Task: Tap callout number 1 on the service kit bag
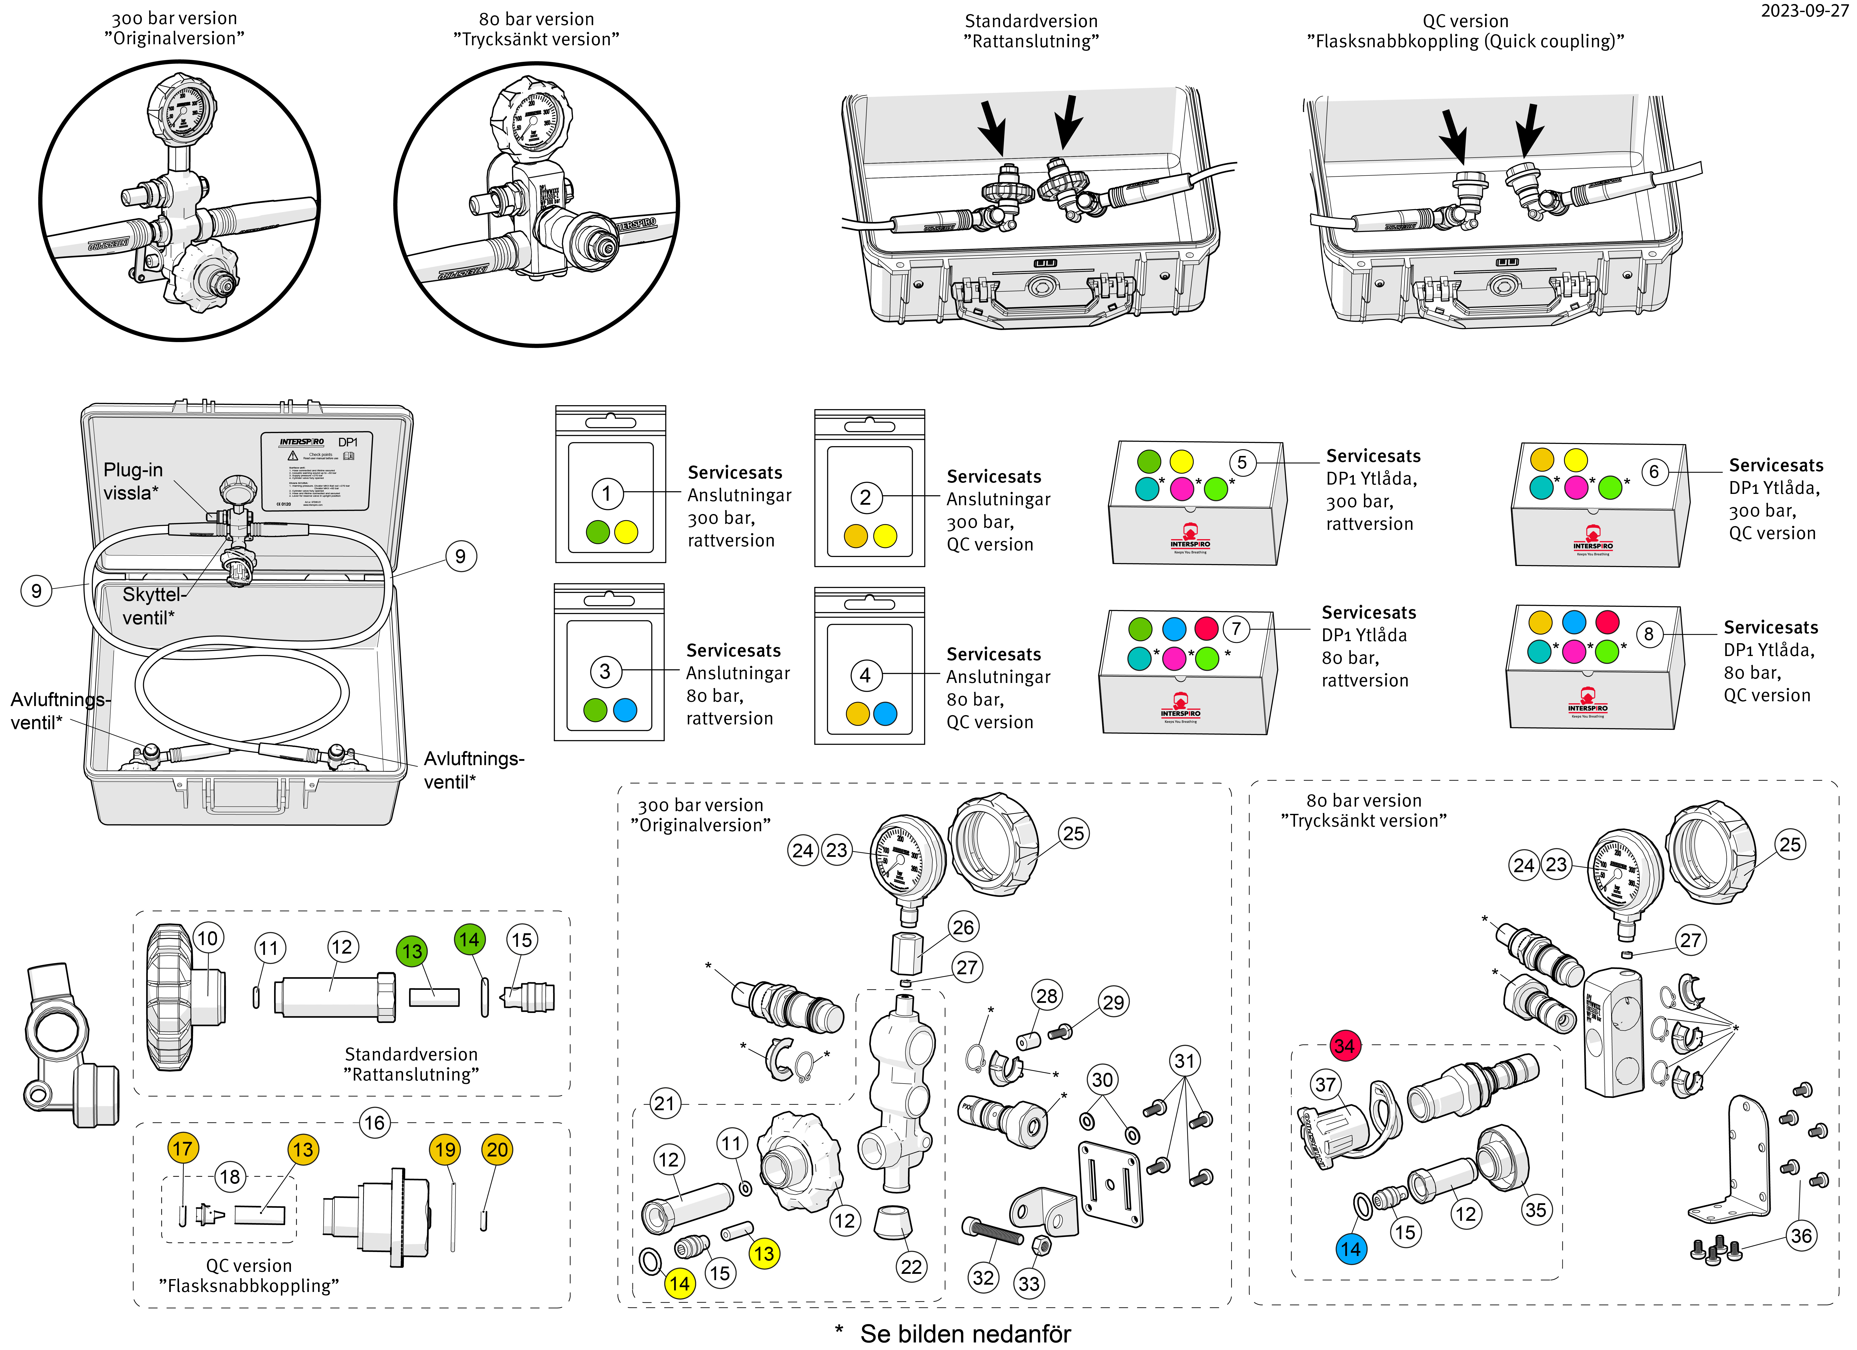[x=607, y=494]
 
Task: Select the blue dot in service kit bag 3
[x=625, y=710]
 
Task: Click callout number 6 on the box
[x=1654, y=472]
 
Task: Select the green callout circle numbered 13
[x=412, y=951]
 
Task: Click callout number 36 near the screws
[x=1801, y=1235]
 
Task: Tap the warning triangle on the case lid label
[x=292, y=455]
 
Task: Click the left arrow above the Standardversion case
[x=992, y=127]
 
